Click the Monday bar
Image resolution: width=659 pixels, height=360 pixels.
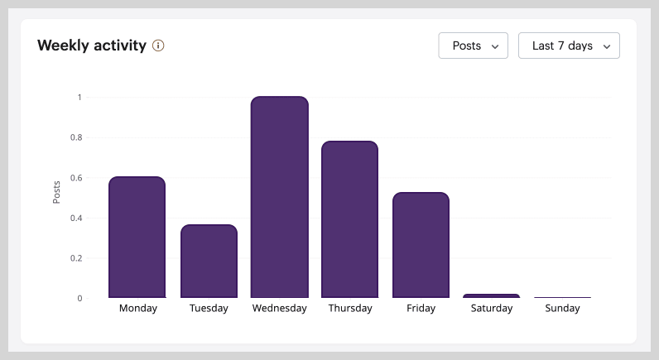tap(137, 238)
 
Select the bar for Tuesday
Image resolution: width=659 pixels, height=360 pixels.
tap(209, 262)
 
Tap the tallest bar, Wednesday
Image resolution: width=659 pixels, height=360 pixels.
tap(279, 197)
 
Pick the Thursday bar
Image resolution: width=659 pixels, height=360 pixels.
tap(350, 219)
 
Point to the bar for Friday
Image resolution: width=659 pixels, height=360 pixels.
tap(421, 245)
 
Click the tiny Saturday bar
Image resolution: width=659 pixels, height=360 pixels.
tap(492, 295)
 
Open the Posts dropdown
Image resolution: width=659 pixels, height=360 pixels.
tap(473, 46)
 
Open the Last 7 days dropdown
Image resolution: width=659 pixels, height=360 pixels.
tap(569, 46)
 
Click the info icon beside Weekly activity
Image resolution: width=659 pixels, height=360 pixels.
tap(158, 46)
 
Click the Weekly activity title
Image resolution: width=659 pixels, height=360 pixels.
tap(92, 46)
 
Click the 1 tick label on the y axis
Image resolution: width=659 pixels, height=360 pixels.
tap(79, 98)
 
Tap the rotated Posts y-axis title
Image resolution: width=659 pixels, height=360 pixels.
tap(56, 191)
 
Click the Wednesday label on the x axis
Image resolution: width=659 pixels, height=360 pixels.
tap(279, 309)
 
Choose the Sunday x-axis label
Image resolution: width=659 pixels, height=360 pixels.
tap(562, 309)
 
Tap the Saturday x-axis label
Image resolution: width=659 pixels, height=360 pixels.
tap(492, 309)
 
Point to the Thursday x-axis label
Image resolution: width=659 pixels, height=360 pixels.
tap(350, 309)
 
